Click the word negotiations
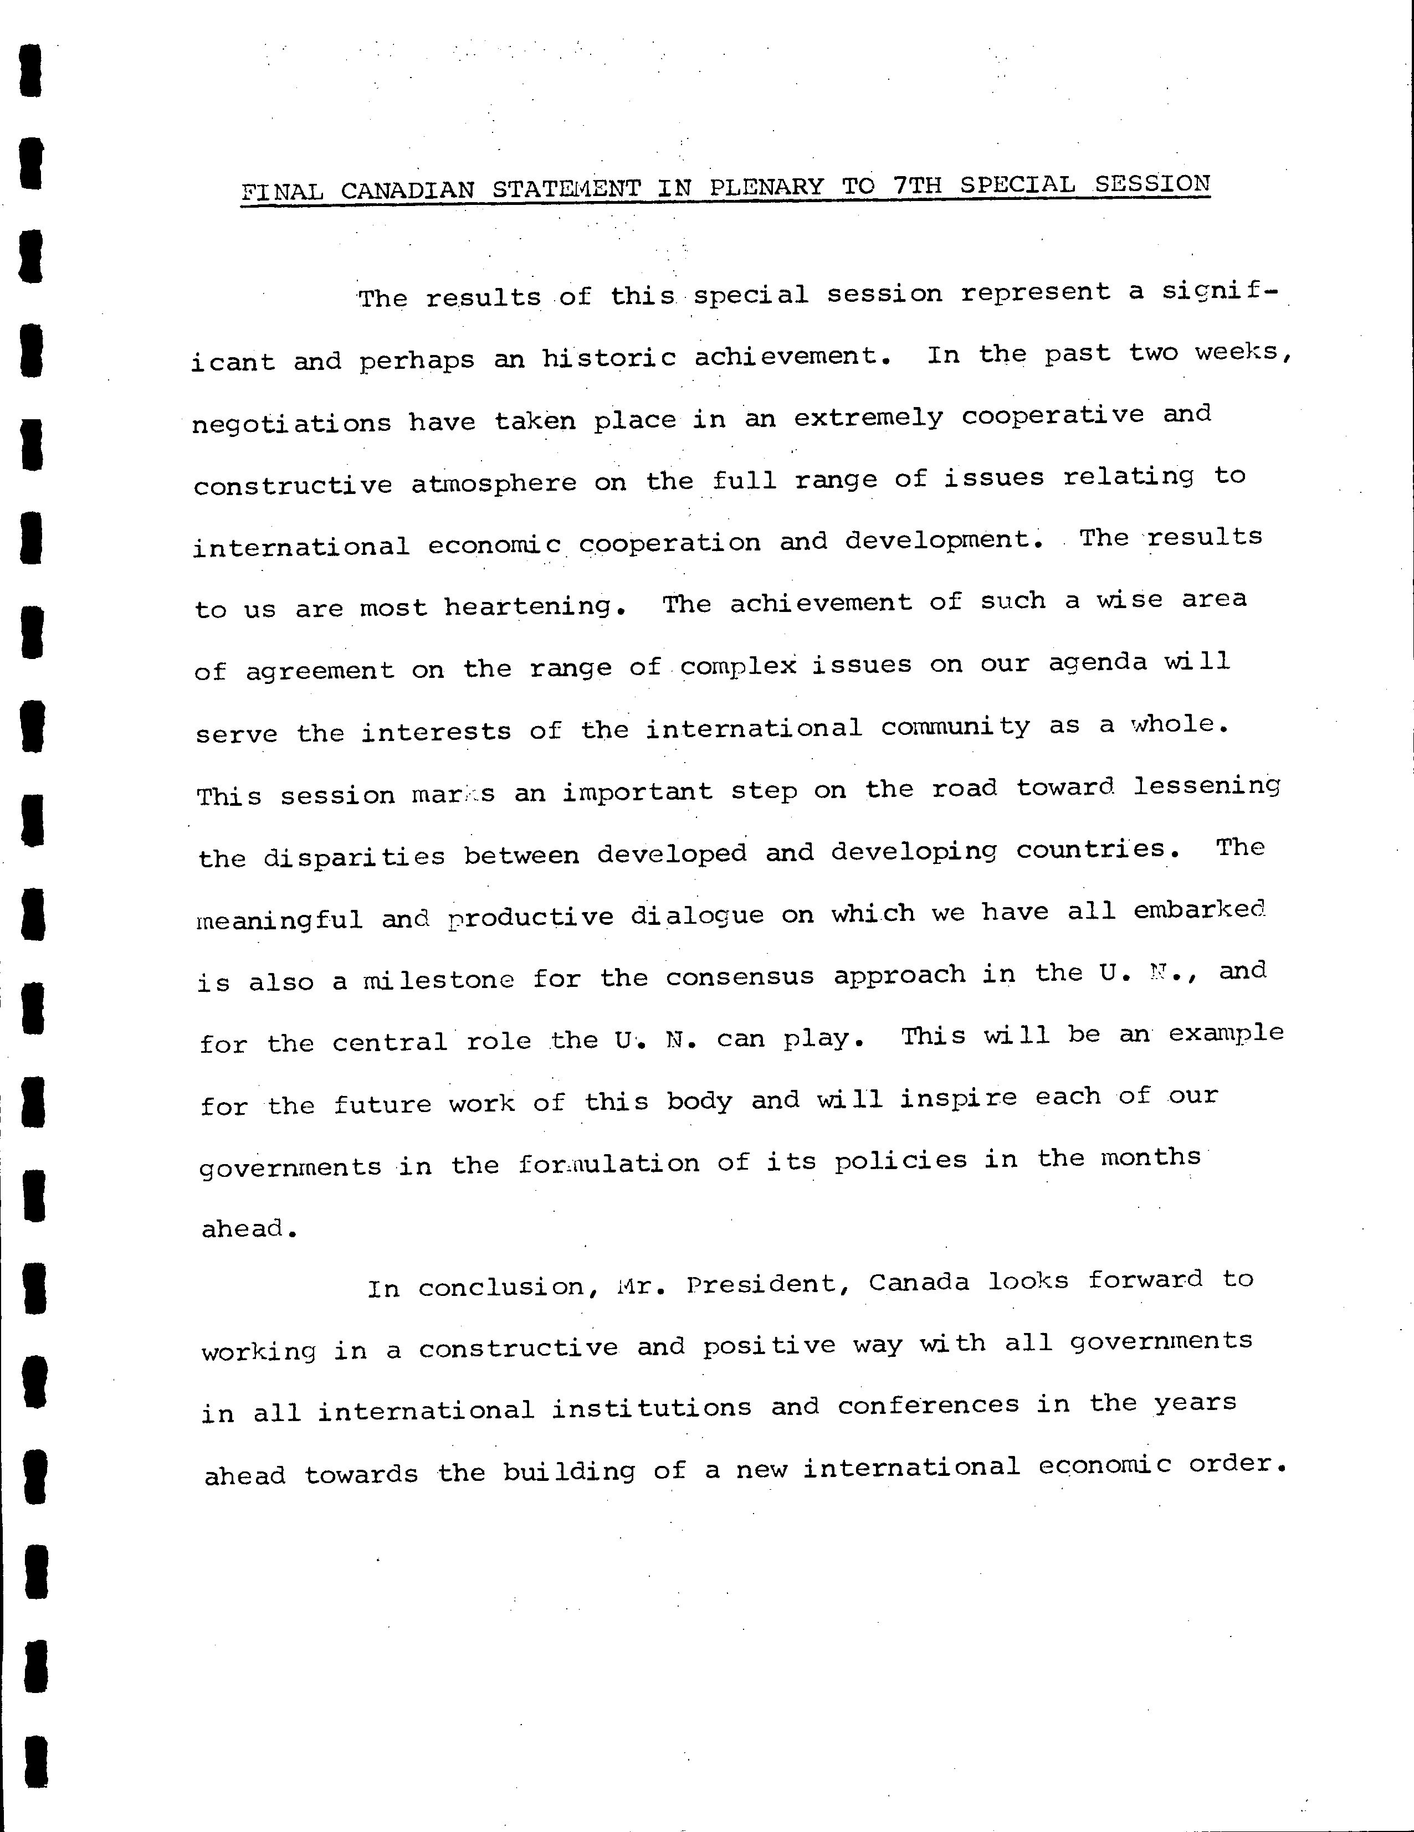click(291, 422)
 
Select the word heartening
click(535, 606)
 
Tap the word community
click(955, 727)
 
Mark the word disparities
click(354, 856)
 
